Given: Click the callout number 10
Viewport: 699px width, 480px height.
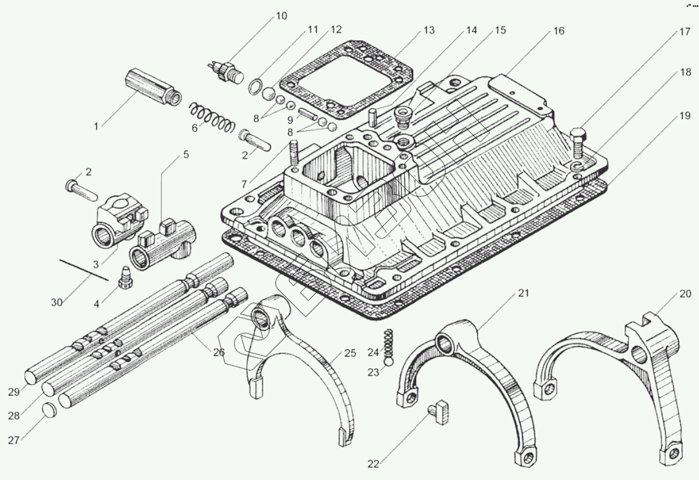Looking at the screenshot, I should pos(281,16).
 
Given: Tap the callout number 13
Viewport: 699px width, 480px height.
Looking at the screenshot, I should pos(428,30).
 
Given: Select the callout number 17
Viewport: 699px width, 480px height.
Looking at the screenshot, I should pos(684,31).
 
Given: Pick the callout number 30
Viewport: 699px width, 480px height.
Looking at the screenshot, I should pos(57,302).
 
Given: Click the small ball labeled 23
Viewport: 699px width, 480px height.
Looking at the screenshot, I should pos(387,362).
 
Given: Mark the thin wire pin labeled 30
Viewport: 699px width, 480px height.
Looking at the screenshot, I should pos(85,269).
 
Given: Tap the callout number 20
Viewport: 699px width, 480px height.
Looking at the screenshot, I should pos(684,294).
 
